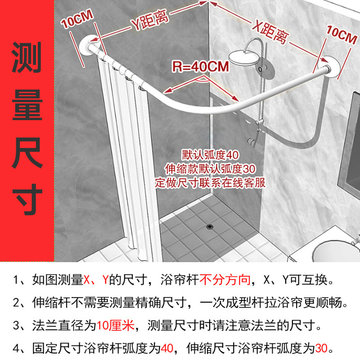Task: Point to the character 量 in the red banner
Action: pos(27,104)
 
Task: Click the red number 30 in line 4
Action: pos(321,348)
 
